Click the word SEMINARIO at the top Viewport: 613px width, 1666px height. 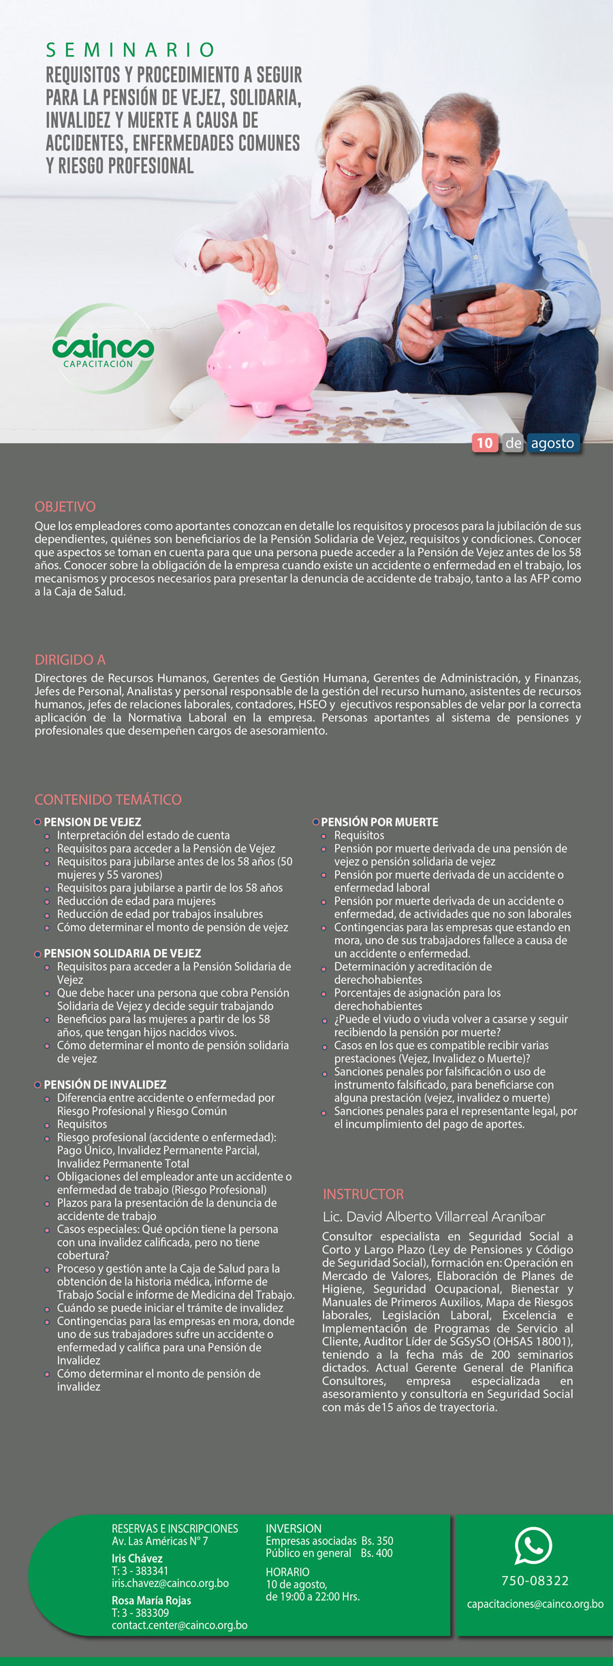click(x=130, y=50)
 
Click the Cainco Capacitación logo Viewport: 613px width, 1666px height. click(x=103, y=349)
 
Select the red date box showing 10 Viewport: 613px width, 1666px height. click(x=484, y=443)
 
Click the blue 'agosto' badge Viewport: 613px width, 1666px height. click(x=552, y=443)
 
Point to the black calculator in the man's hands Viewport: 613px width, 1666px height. click(x=461, y=306)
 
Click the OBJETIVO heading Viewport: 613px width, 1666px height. click(x=65, y=507)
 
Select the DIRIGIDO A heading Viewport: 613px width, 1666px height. click(x=70, y=660)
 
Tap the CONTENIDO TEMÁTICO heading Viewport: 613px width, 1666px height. click(x=108, y=799)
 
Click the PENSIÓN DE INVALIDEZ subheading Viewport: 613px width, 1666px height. click(x=105, y=1085)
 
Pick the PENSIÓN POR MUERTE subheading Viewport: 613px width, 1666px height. click(x=379, y=822)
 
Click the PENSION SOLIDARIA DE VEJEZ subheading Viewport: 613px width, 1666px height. click(x=123, y=953)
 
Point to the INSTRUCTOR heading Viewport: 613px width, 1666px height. click(x=363, y=1194)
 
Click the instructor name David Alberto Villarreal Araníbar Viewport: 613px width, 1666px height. click(x=434, y=1217)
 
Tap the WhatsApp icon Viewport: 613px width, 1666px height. click(x=533, y=1545)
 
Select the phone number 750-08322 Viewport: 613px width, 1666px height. click(x=535, y=1581)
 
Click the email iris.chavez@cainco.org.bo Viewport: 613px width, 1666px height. click(x=170, y=1583)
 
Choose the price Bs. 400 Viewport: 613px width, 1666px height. click(x=377, y=1553)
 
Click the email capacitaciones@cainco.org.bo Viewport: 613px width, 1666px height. click(x=535, y=1604)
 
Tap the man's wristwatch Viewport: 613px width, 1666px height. click(x=544, y=307)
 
